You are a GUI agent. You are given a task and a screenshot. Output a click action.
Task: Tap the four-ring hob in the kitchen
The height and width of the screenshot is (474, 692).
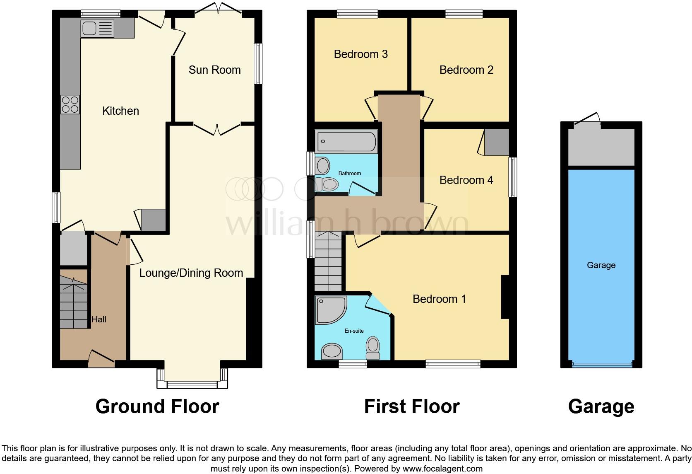coord(70,104)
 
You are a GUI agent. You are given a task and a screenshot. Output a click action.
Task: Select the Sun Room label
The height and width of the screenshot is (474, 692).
coord(214,70)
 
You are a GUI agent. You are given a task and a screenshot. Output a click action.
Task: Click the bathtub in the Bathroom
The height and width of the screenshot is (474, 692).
coord(346,142)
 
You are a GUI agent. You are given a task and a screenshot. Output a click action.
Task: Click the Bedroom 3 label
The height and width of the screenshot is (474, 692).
coord(360,54)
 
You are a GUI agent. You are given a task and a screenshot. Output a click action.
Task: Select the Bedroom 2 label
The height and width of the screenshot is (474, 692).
coord(466,70)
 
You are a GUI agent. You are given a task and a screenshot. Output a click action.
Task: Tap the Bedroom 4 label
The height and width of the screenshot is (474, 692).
coord(466,180)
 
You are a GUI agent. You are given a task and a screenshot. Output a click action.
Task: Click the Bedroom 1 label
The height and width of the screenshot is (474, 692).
coord(439,299)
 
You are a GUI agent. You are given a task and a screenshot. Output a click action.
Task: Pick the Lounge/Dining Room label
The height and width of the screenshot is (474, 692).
coord(191,273)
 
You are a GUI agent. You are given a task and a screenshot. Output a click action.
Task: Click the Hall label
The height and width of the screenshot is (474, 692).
coord(99,319)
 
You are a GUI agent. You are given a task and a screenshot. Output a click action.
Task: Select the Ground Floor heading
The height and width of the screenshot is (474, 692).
coord(157,406)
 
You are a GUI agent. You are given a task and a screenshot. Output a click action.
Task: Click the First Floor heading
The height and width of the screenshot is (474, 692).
coord(411,406)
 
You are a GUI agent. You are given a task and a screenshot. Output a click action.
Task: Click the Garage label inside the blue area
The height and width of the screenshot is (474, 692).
coord(601,265)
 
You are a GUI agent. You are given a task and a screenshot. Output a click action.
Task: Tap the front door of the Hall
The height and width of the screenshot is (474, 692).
coord(101,358)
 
